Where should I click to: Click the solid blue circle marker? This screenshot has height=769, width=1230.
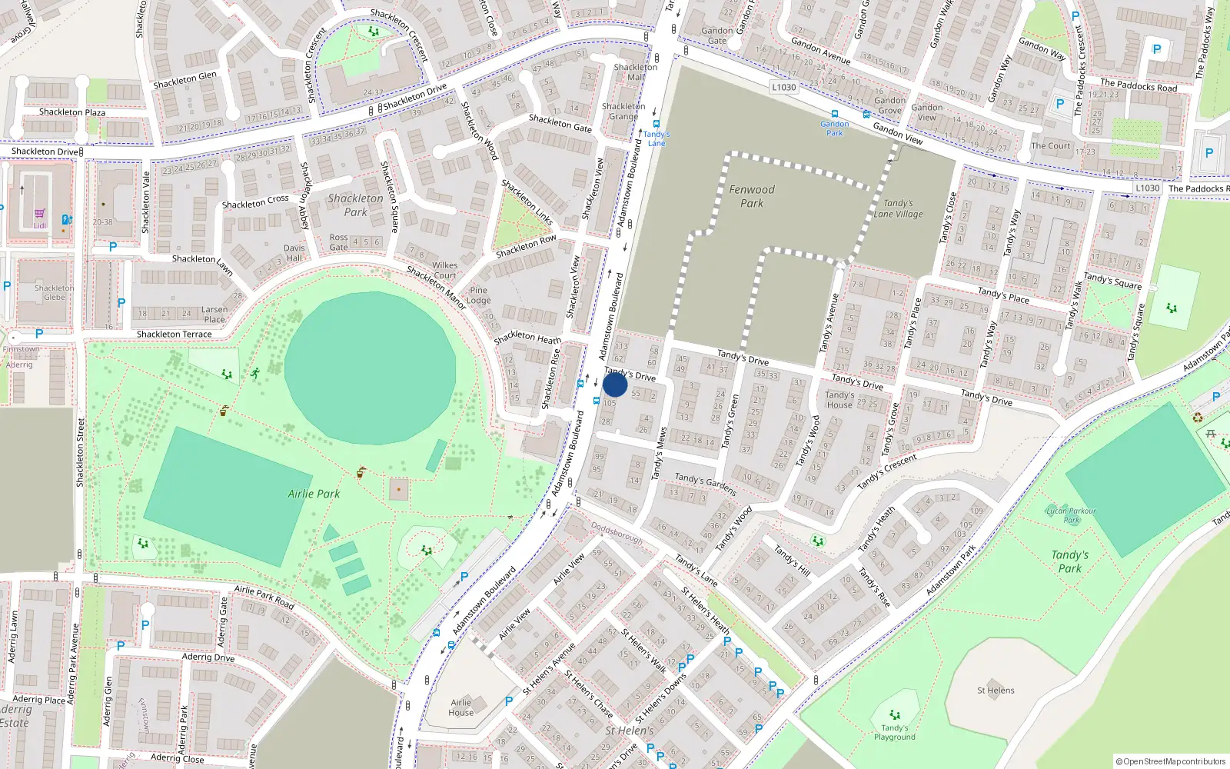pyautogui.click(x=615, y=384)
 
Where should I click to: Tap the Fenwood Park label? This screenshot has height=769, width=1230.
pyautogui.click(x=752, y=196)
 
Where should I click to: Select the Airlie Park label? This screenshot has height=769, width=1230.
pyautogui.click(x=314, y=494)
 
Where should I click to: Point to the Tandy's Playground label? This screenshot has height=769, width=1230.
pyautogui.click(x=894, y=732)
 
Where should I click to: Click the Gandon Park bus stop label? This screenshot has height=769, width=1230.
pyautogui.click(x=834, y=128)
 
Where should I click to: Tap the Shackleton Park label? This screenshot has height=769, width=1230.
pyautogui.click(x=355, y=205)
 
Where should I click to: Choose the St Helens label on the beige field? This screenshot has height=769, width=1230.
pyautogui.click(x=996, y=690)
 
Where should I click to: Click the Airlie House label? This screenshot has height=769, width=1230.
pyautogui.click(x=461, y=707)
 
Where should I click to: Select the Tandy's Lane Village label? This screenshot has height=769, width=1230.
pyautogui.click(x=898, y=208)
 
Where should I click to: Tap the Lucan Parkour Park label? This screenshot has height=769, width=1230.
pyautogui.click(x=1071, y=515)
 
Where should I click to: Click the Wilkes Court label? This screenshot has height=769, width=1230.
pyautogui.click(x=444, y=270)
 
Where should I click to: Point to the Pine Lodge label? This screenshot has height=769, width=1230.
pyautogui.click(x=478, y=295)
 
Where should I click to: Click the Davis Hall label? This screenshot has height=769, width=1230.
pyautogui.click(x=294, y=252)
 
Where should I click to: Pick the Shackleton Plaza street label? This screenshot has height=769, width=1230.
pyautogui.click(x=72, y=112)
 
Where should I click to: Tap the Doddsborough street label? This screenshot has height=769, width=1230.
pyautogui.click(x=617, y=533)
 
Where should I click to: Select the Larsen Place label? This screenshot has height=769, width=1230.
pyautogui.click(x=214, y=315)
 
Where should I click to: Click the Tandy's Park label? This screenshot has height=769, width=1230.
pyautogui.click(x=1069, y=561)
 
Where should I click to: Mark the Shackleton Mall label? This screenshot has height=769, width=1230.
pyautogui.click(x=636, y=72)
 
